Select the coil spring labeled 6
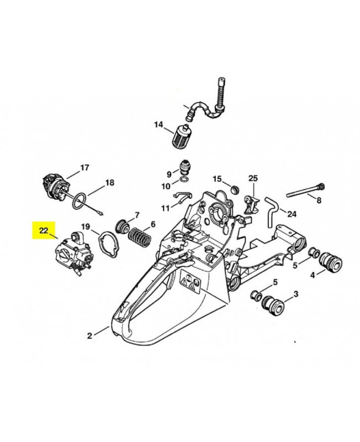(x=140, y=241)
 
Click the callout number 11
(x=165, y=208)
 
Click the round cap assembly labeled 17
(x=57, y=184)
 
